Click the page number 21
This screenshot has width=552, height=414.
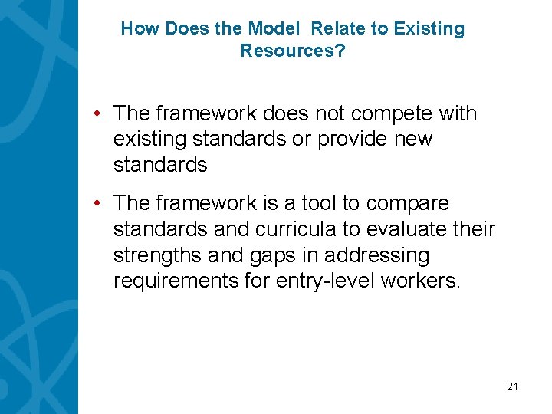pyautogui.click(x=512, y=387)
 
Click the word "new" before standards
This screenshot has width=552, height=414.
pyautogui.click(x=415, y=140)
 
